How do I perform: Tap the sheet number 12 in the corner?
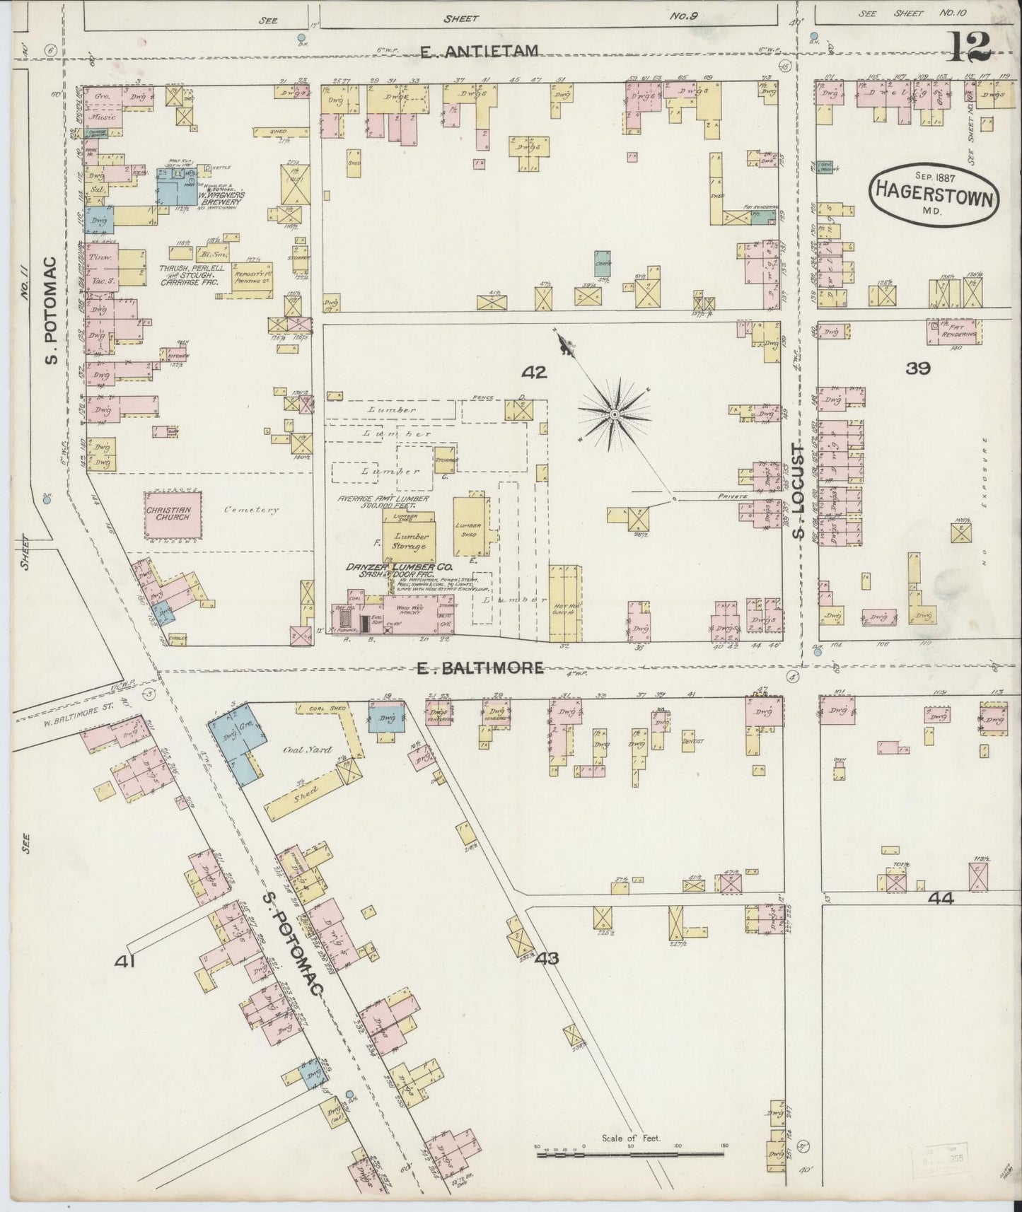970,47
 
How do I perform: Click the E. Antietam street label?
480,51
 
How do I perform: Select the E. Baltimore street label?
478,667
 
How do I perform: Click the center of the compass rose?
615,413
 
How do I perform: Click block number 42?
534,372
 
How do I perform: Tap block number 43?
547,958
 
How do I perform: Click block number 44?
943,899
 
